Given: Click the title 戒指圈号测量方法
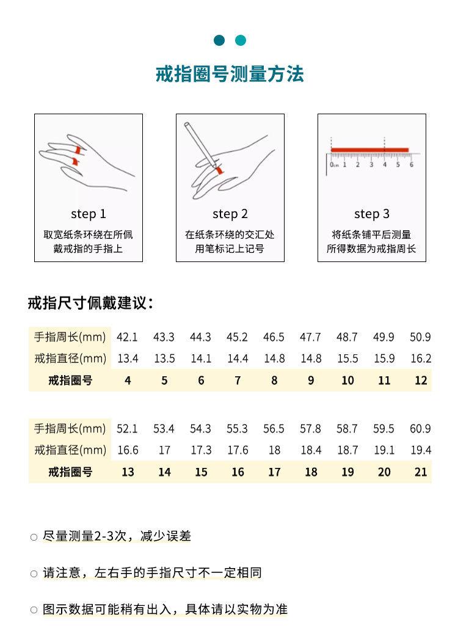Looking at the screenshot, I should (230, 75).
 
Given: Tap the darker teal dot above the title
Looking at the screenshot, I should (220, 40).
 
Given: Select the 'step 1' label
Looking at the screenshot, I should (89, 214).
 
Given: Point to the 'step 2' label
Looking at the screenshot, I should (230, 214).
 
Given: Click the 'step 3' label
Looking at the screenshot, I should (371, 214).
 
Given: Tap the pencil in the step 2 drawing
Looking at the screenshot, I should (201, 144).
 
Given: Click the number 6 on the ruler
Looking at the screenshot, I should (411, 164).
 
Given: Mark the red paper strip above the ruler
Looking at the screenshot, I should (369, 150).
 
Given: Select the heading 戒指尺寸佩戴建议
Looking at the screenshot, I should (90, 302).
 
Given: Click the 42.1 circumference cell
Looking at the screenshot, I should (127, 337).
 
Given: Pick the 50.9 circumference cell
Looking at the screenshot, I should (420, 337).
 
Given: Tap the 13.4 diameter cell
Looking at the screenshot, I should (127, 359).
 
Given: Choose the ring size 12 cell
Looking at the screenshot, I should (421, 381).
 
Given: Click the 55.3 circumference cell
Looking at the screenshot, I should (237, 429).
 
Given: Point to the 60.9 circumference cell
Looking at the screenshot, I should (420, 429).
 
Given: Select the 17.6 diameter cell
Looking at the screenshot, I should (238, 450).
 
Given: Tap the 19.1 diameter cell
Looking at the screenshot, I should (384, 450).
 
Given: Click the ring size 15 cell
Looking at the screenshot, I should (201, 472).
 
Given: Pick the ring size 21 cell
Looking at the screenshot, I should (421, 472).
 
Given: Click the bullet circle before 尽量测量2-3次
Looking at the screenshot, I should (34, 538).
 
